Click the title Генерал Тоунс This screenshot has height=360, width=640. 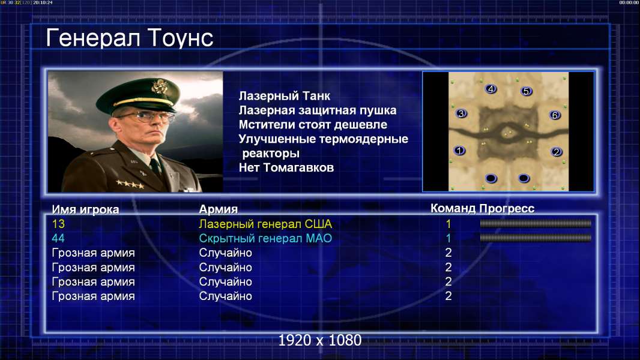coord(130,38)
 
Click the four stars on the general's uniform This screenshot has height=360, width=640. coord(130,184)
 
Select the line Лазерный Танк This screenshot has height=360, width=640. coord(284,96)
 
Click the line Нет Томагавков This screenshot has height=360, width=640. coord(286,167)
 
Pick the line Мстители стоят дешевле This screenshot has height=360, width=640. coord(313,124)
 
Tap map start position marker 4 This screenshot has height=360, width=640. coord(491,89)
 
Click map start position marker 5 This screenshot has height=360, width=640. coord(526,91)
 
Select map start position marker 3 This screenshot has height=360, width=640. coord(461,113)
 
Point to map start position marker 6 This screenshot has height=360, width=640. coord(555,115)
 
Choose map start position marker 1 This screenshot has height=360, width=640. coord(459,151)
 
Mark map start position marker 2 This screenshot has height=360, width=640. coord(556,152)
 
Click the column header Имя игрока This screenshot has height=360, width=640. coord(85,209)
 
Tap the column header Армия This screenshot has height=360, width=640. coord(219,209)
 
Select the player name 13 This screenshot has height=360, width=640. coord(58,224)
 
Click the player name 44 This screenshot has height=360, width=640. coord(58,238)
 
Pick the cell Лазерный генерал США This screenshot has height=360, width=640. coord(265,224)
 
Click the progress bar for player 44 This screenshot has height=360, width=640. coord(536,238)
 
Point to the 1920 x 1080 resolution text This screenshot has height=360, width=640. coord(320,340)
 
